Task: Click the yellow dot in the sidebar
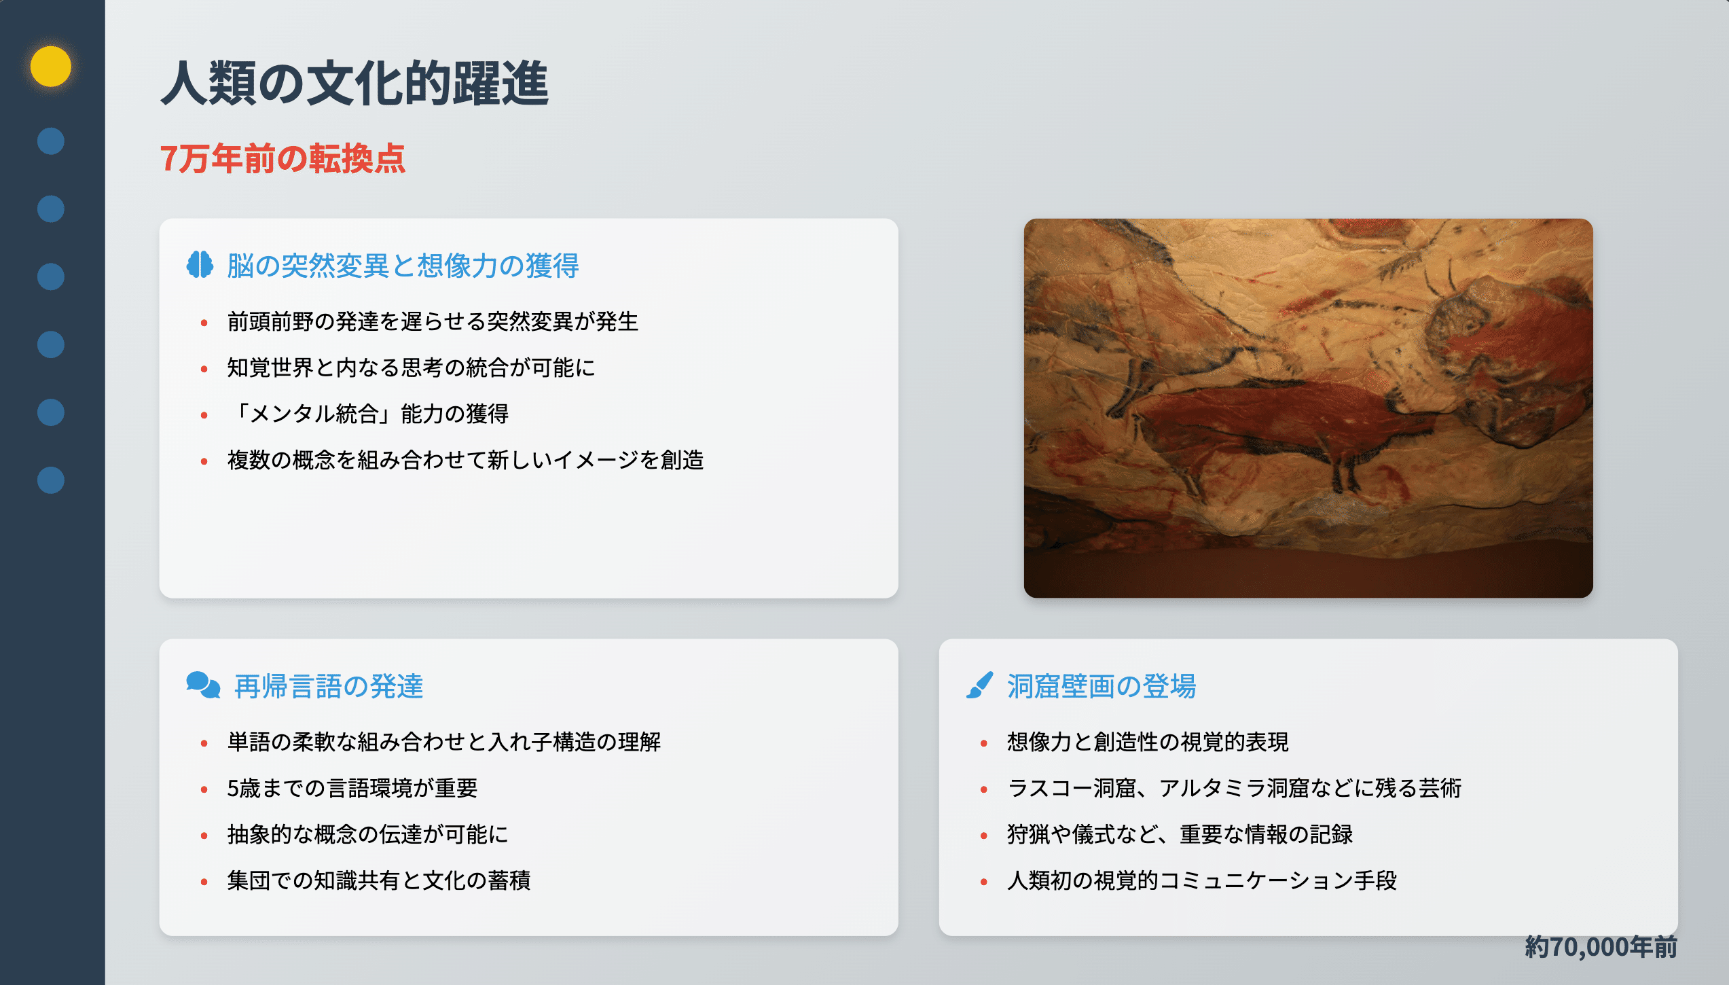click(51, 67)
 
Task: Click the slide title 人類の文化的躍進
click(354, 83)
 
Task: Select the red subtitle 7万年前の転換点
click(283, 159)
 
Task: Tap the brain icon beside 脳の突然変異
click(200, 265)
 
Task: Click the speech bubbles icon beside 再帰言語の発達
click(203, 685)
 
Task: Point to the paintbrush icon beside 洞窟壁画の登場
click(980, 685)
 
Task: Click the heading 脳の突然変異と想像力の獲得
click(403, 266)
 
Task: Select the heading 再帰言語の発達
click(329, 686)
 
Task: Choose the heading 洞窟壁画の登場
click(1102, 686)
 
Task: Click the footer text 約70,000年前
click(1601, 947)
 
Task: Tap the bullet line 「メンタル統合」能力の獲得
click(368, 414)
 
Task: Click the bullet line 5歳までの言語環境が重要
click(352, 788)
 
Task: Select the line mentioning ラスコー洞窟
click(1234, 788)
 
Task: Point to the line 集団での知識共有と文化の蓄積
click(379, 880)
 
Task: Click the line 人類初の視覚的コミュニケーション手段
click(1202, 880)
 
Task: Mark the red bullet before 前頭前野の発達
click(204, 323)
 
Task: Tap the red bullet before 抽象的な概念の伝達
click(204, 836)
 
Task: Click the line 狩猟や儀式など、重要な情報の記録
click(1180, 834)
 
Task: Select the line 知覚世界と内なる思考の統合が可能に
click(411, 368)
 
